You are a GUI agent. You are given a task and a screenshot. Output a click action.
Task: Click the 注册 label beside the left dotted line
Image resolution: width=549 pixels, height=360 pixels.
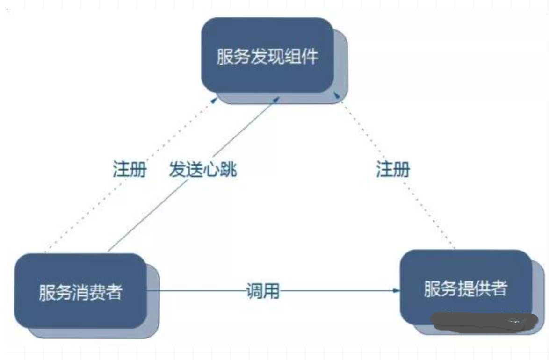(x=130, y=169)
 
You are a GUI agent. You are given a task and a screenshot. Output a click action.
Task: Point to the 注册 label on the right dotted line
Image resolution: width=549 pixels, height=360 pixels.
(x=393, y=169)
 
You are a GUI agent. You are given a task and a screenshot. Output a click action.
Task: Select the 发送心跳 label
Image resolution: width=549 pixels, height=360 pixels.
(x=203, y=170)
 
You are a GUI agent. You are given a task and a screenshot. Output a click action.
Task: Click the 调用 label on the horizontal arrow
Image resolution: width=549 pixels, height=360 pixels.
(x=262, y=291)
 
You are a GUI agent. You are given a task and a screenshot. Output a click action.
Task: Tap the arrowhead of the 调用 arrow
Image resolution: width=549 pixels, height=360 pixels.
(x=397, y=290)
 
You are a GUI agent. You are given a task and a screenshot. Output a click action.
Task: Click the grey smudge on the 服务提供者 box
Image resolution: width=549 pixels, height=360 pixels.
(x=482, y=322)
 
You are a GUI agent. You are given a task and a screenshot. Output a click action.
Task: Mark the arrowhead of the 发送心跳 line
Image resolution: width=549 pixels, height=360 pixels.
(x=278, y=99)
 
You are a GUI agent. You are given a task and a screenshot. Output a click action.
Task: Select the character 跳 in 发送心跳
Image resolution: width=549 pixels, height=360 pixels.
(x=229, y=170)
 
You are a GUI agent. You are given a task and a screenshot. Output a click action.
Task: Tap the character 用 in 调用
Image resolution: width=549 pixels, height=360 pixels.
(x=271, y=291)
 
